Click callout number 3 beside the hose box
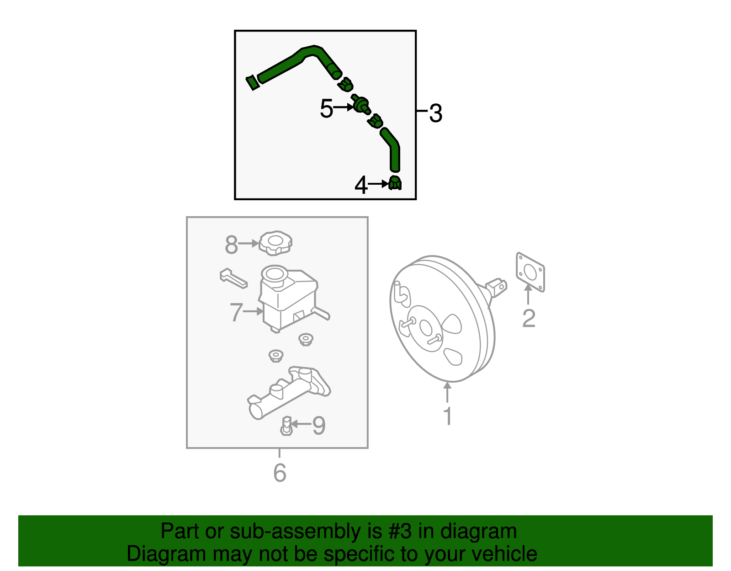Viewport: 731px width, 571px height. click(x=436, y=113)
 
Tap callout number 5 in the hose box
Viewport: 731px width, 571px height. click(x=326, y=108)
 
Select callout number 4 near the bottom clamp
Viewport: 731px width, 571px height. click(x=361, y=185)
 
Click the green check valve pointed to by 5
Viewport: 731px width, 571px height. click(x=361, y=105)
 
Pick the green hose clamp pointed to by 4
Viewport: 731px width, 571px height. click(x=395, y=183)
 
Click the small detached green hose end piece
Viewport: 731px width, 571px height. click(x=252, y=83)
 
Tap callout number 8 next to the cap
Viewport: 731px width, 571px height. click(x=231, y=245)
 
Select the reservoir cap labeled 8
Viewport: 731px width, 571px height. click(x=275, y=243)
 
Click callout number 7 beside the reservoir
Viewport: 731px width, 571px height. click(x=236, y=312)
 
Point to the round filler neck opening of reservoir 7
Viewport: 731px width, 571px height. click(x=275, y=274)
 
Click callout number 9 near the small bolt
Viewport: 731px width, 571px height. click(x=318, y=425)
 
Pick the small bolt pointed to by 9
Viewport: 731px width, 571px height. click(x=286, y=426)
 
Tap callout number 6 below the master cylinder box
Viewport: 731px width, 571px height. click(x=280, y=473)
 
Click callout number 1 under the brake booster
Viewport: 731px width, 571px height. click(x=448, y=416)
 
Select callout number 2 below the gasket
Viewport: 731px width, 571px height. click(x=529, y=318)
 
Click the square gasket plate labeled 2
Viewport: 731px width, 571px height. click(x=530, y=272)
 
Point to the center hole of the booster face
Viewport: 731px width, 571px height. click(x=425, y=327)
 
